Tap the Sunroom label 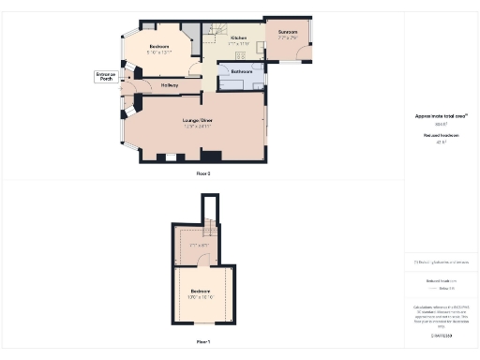(x=288, y=33)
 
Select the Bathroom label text (x=243, y=71)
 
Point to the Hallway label (x=170, y=85)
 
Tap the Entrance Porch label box (x=105, y=77)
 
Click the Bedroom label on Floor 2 (x=158, y=46)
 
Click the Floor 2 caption (x=202, y=173)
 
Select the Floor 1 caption (x=202, y=341)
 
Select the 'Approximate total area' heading (x=441, y=116)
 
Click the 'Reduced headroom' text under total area (x=441, y=136)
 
